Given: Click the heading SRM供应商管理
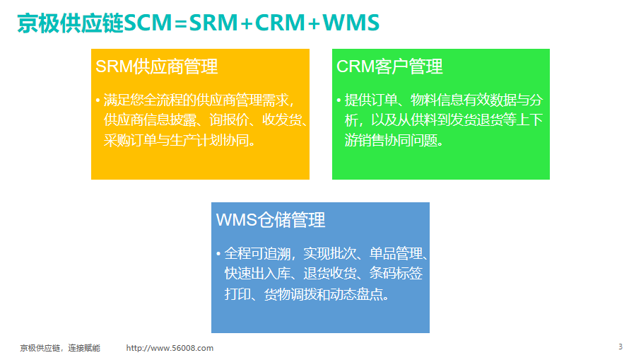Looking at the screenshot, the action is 157,66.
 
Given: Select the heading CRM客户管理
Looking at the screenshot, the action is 389,66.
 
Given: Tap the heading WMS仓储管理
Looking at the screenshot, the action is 271,220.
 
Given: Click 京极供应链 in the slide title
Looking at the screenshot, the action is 70,23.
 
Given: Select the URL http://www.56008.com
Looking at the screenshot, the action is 170,348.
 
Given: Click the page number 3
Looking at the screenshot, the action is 621,347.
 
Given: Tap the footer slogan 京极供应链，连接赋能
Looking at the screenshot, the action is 60,348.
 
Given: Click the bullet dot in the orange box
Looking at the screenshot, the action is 98,100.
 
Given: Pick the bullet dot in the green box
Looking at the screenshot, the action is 339,100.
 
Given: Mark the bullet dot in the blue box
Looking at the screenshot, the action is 218,254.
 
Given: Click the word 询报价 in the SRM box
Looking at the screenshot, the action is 229,120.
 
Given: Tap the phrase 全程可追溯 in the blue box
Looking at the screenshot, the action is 257,254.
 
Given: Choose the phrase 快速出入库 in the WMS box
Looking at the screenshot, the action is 257,273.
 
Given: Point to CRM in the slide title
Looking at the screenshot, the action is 280,23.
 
